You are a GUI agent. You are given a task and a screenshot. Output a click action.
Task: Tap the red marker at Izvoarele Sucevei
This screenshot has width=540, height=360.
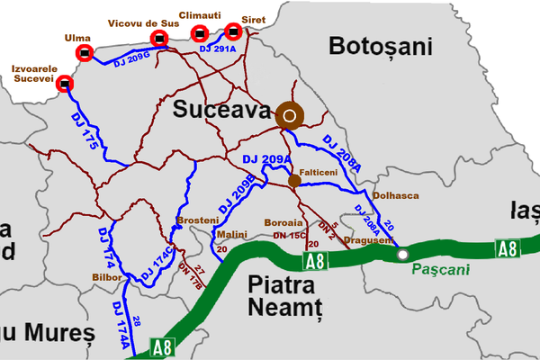(x=64, y=85)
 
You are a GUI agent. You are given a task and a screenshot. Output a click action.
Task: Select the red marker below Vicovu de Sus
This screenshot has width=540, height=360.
(x=158, y=38)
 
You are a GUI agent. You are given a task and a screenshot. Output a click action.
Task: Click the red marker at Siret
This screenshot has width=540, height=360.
(x=233, y=31)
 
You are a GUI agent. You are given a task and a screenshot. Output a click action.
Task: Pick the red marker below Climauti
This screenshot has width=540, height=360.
(x=201, y=34)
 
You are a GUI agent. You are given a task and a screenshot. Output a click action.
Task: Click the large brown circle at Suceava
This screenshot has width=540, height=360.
(x=290, y=114)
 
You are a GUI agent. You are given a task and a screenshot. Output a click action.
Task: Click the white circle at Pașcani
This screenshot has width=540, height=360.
(x=401, y=255)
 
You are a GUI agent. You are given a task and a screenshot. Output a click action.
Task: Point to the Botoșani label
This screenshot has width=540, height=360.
(x=381, y=46)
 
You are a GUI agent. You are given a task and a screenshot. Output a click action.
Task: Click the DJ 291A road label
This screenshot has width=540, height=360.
(x=218, y=49)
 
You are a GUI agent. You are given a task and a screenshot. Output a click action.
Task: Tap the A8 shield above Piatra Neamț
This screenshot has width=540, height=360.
(x=314, y=262)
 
